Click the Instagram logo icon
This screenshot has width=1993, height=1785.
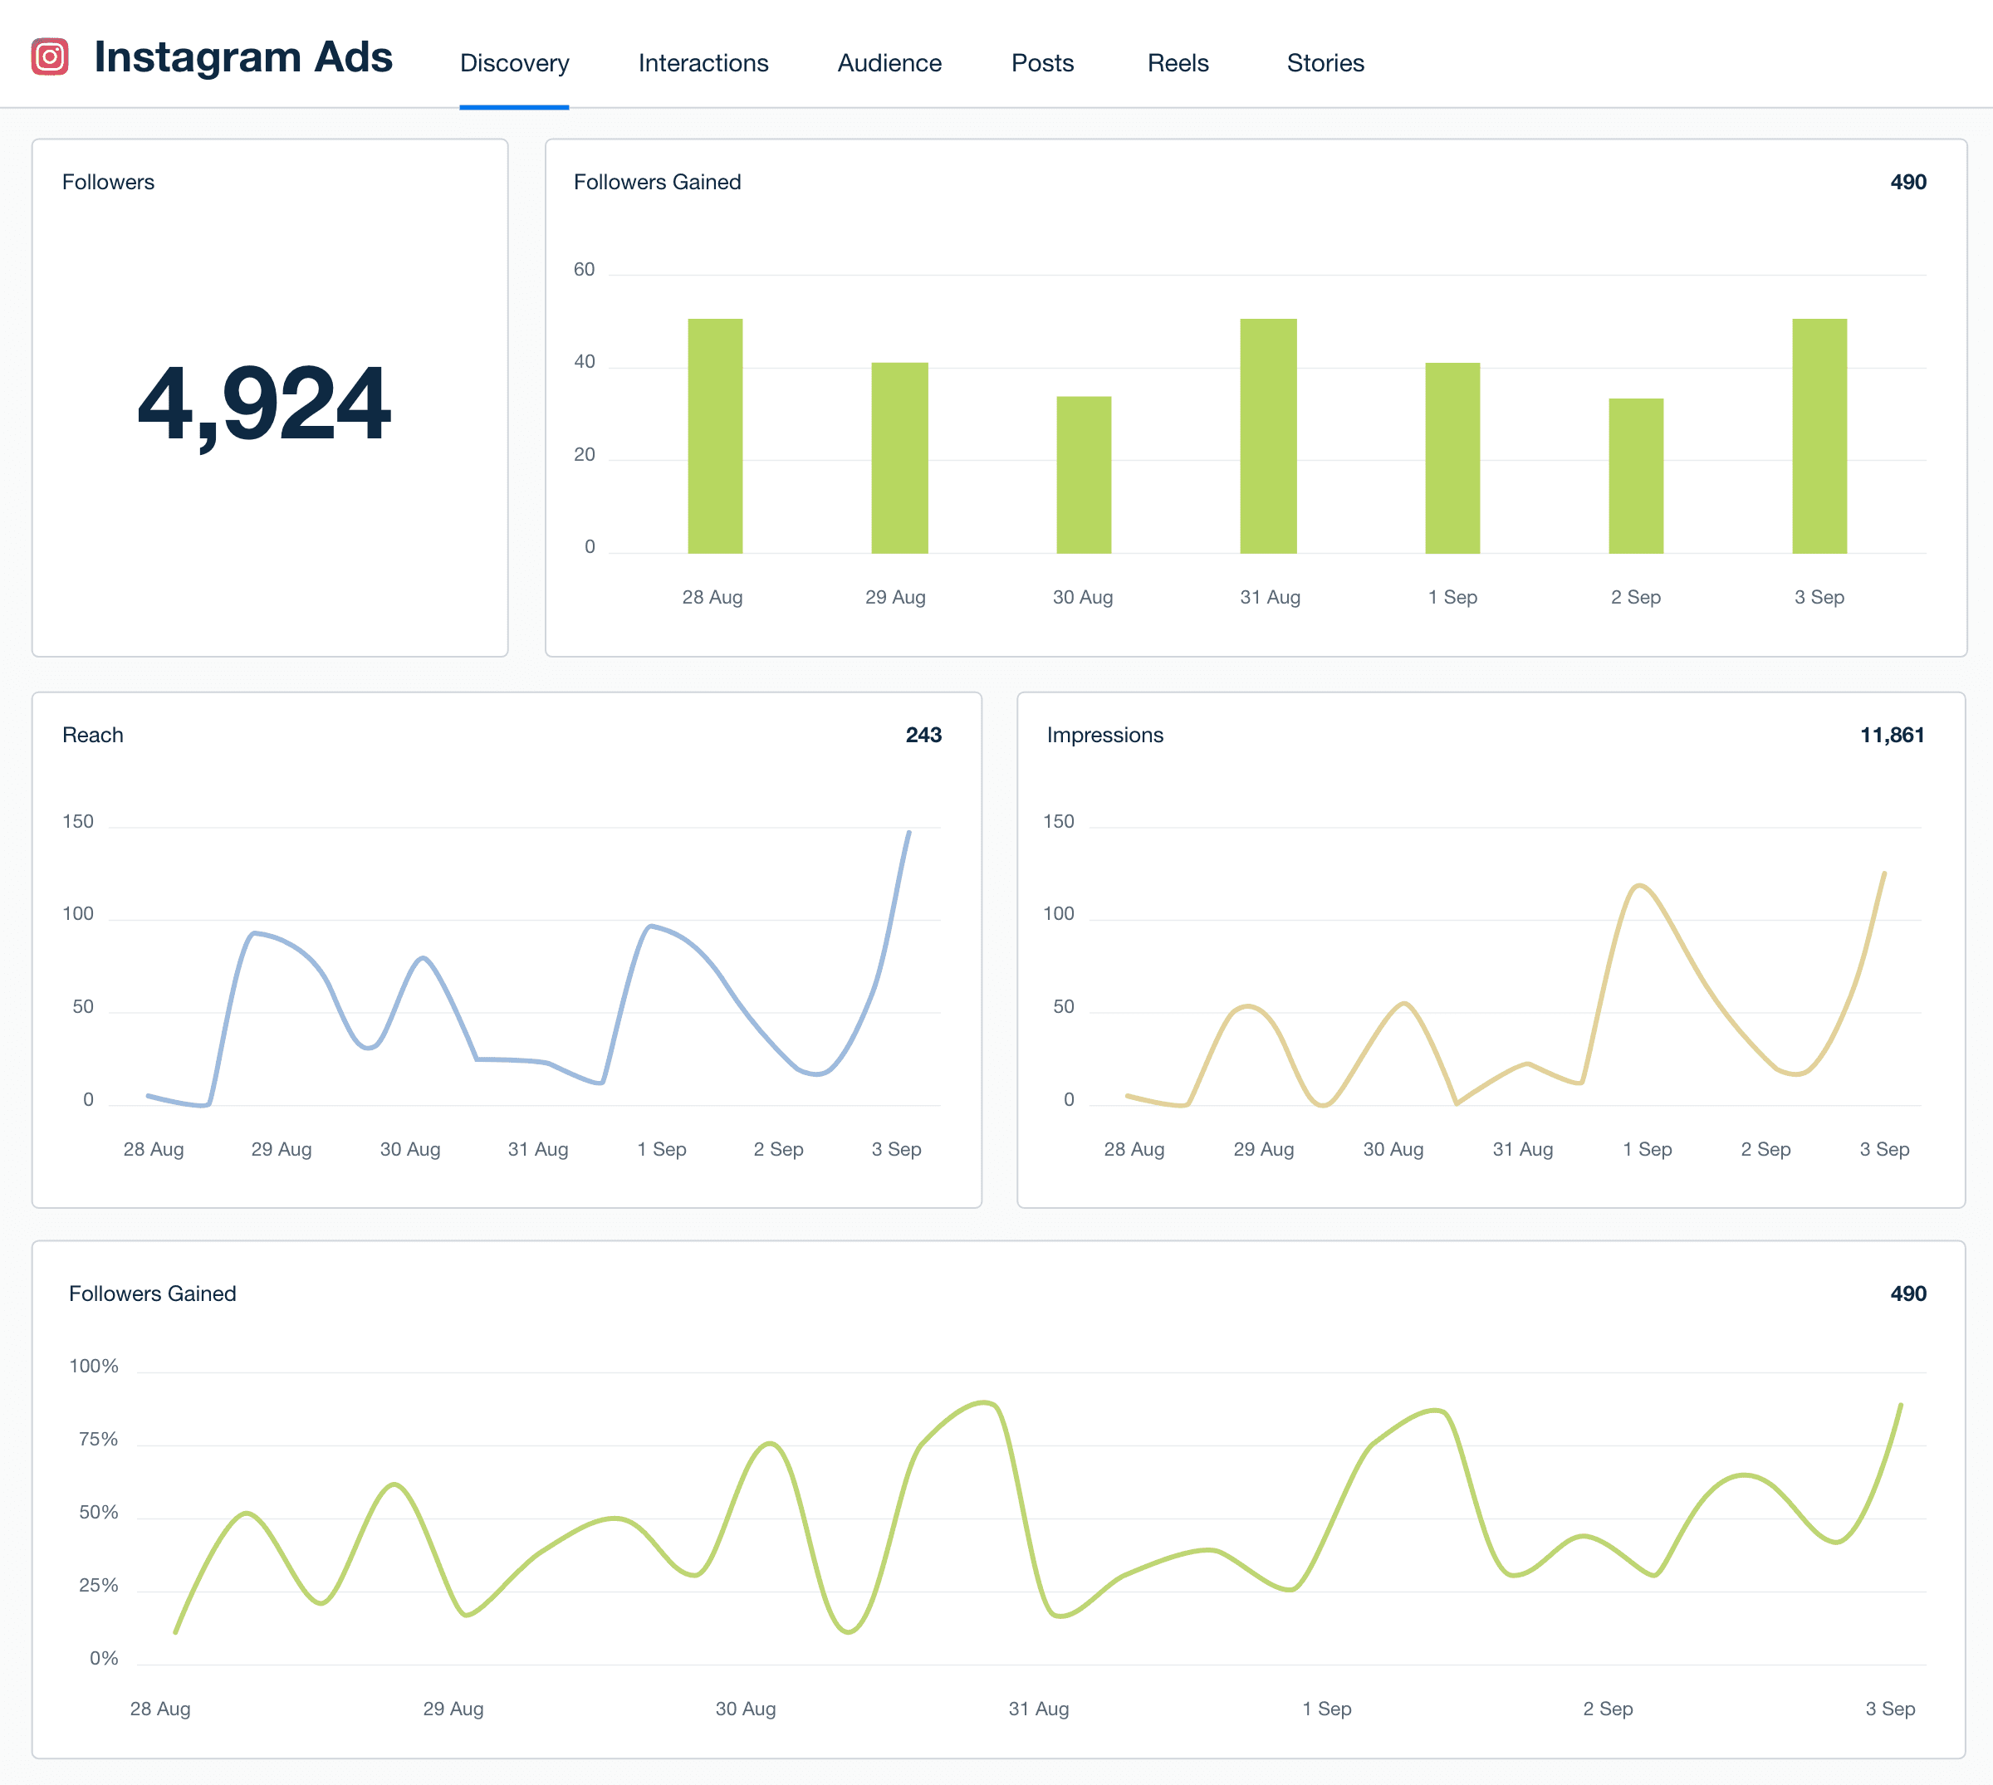[x=50, y=57]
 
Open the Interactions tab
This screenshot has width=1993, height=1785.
[x=703, y=63]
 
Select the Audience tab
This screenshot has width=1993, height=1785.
[x=889, y=63]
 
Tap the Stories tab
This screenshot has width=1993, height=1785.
[x=1325, y=63]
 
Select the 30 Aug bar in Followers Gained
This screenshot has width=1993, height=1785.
[x=1083, y=475]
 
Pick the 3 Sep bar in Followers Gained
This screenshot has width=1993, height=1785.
[x=1819, y=436]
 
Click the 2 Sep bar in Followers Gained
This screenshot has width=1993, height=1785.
[x=1635, y=476]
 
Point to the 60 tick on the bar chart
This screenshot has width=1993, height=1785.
[x=584, y=270]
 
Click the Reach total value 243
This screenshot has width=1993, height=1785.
[x=923, y=735]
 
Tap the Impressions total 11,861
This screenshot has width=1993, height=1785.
[x=1891, y=735]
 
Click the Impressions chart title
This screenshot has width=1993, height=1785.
[x=1104, y=735]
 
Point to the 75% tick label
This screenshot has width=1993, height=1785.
[x=98, y=1439]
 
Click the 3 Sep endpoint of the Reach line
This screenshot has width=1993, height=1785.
[x=908, y=833]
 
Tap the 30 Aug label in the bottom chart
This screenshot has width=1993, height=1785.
[x=746, y=1709]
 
